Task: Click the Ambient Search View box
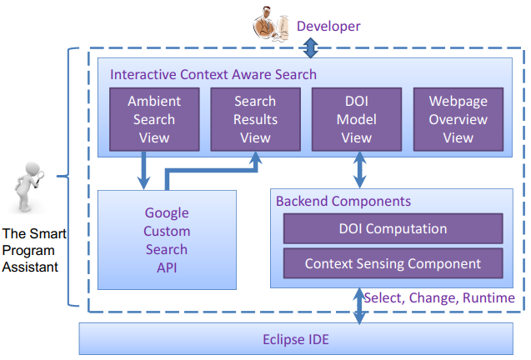tap(154, 119)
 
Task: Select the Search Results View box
tap(255, 119)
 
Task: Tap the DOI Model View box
tap(357, 119)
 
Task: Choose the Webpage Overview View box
tap(458, 119)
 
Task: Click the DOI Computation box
tap(393, 228)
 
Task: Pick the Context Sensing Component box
tap(393, 263)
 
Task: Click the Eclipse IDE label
tap(296, 339)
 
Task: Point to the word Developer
tap(328, 27)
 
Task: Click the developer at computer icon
tap(271, 23)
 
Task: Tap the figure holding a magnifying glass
tap(29, 187)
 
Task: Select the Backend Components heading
tap(343, 201)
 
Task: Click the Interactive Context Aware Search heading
tap(213, 74)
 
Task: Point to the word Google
tap(167, 213)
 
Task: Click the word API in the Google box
tap(167, 267)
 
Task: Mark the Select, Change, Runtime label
tap(439, 298)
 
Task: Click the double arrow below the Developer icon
tap(311, 47)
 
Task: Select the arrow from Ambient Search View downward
tap(143, 170)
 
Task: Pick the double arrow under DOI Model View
tap(359, 170)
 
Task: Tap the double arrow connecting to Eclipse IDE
tap(359, 306)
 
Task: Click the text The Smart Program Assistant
tap(34, 250)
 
